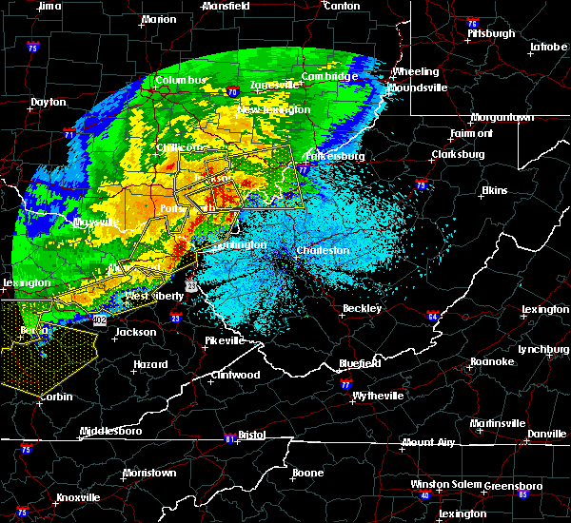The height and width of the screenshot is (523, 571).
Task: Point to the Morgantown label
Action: pos(502,117)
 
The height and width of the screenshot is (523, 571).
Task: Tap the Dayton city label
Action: pos(49,102)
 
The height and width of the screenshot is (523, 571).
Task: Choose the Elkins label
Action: pos(494,190)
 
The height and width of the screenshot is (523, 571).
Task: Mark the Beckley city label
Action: pos(363,308)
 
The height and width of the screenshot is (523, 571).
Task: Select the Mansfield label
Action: pos(227,6)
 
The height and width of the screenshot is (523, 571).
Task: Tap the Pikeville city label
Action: pos(226,339)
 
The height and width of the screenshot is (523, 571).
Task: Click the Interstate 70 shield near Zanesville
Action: pos(231,92)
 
